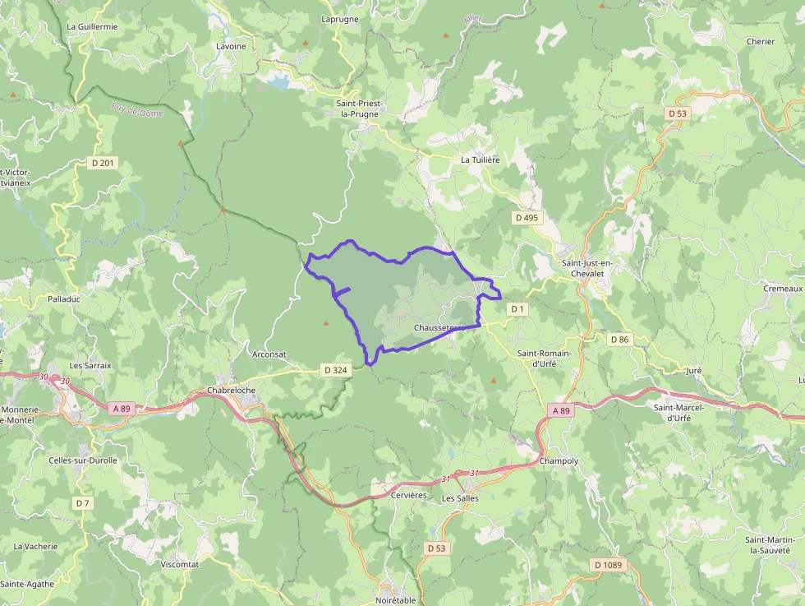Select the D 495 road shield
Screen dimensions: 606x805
click(x=526, y=218)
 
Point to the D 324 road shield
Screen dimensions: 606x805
click(x=336, y=370)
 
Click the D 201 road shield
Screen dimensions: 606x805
click(x=103, y=163)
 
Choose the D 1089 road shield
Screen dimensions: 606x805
click(x=608, y=565)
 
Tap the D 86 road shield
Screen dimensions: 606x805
click(x=619, y=339)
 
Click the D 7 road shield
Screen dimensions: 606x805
click(x=82, y=502)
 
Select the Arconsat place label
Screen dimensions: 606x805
click(x=269, y=354)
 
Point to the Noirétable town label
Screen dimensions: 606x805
click(x=396, y=600)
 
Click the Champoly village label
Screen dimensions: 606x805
click(x=559, y=461)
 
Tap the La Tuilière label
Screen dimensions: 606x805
click(x=480, y=160)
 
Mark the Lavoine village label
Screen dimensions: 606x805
click(x=231, y=46)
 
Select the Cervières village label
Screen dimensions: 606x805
click(x=410, y=495)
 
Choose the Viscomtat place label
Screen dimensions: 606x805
click(x=180, y=564)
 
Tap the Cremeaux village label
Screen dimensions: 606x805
click(x=782, y=289)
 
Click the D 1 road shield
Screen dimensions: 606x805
click(x=517, y=308)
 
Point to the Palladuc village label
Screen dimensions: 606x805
click(x=64, y=299)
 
